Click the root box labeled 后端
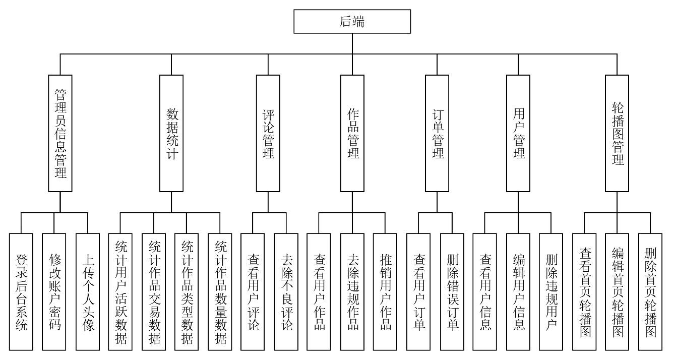352,22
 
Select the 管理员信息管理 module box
60,133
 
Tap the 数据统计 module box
171,133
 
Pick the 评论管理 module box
268,133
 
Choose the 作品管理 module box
352,133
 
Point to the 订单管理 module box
437,133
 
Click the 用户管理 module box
518,133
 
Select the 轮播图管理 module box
617,133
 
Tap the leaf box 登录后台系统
22,292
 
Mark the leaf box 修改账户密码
54,292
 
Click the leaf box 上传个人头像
88,292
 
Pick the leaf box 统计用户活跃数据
121,292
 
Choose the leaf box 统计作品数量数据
220,292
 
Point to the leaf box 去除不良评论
286,292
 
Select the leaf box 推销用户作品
385,292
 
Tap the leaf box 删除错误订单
452,292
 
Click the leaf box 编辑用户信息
518,292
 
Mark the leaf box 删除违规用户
551,292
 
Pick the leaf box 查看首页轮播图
585,292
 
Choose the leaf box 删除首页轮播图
650,292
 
